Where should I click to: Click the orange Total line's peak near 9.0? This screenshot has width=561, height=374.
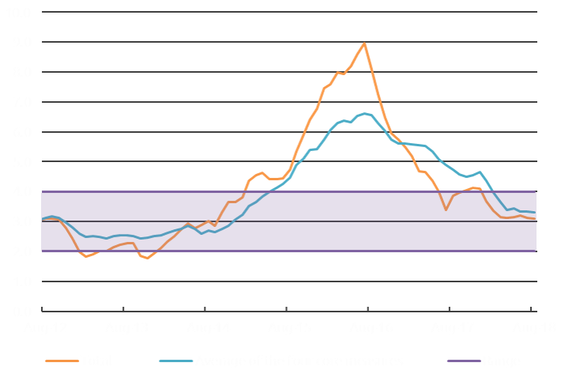tap(363, 43)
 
